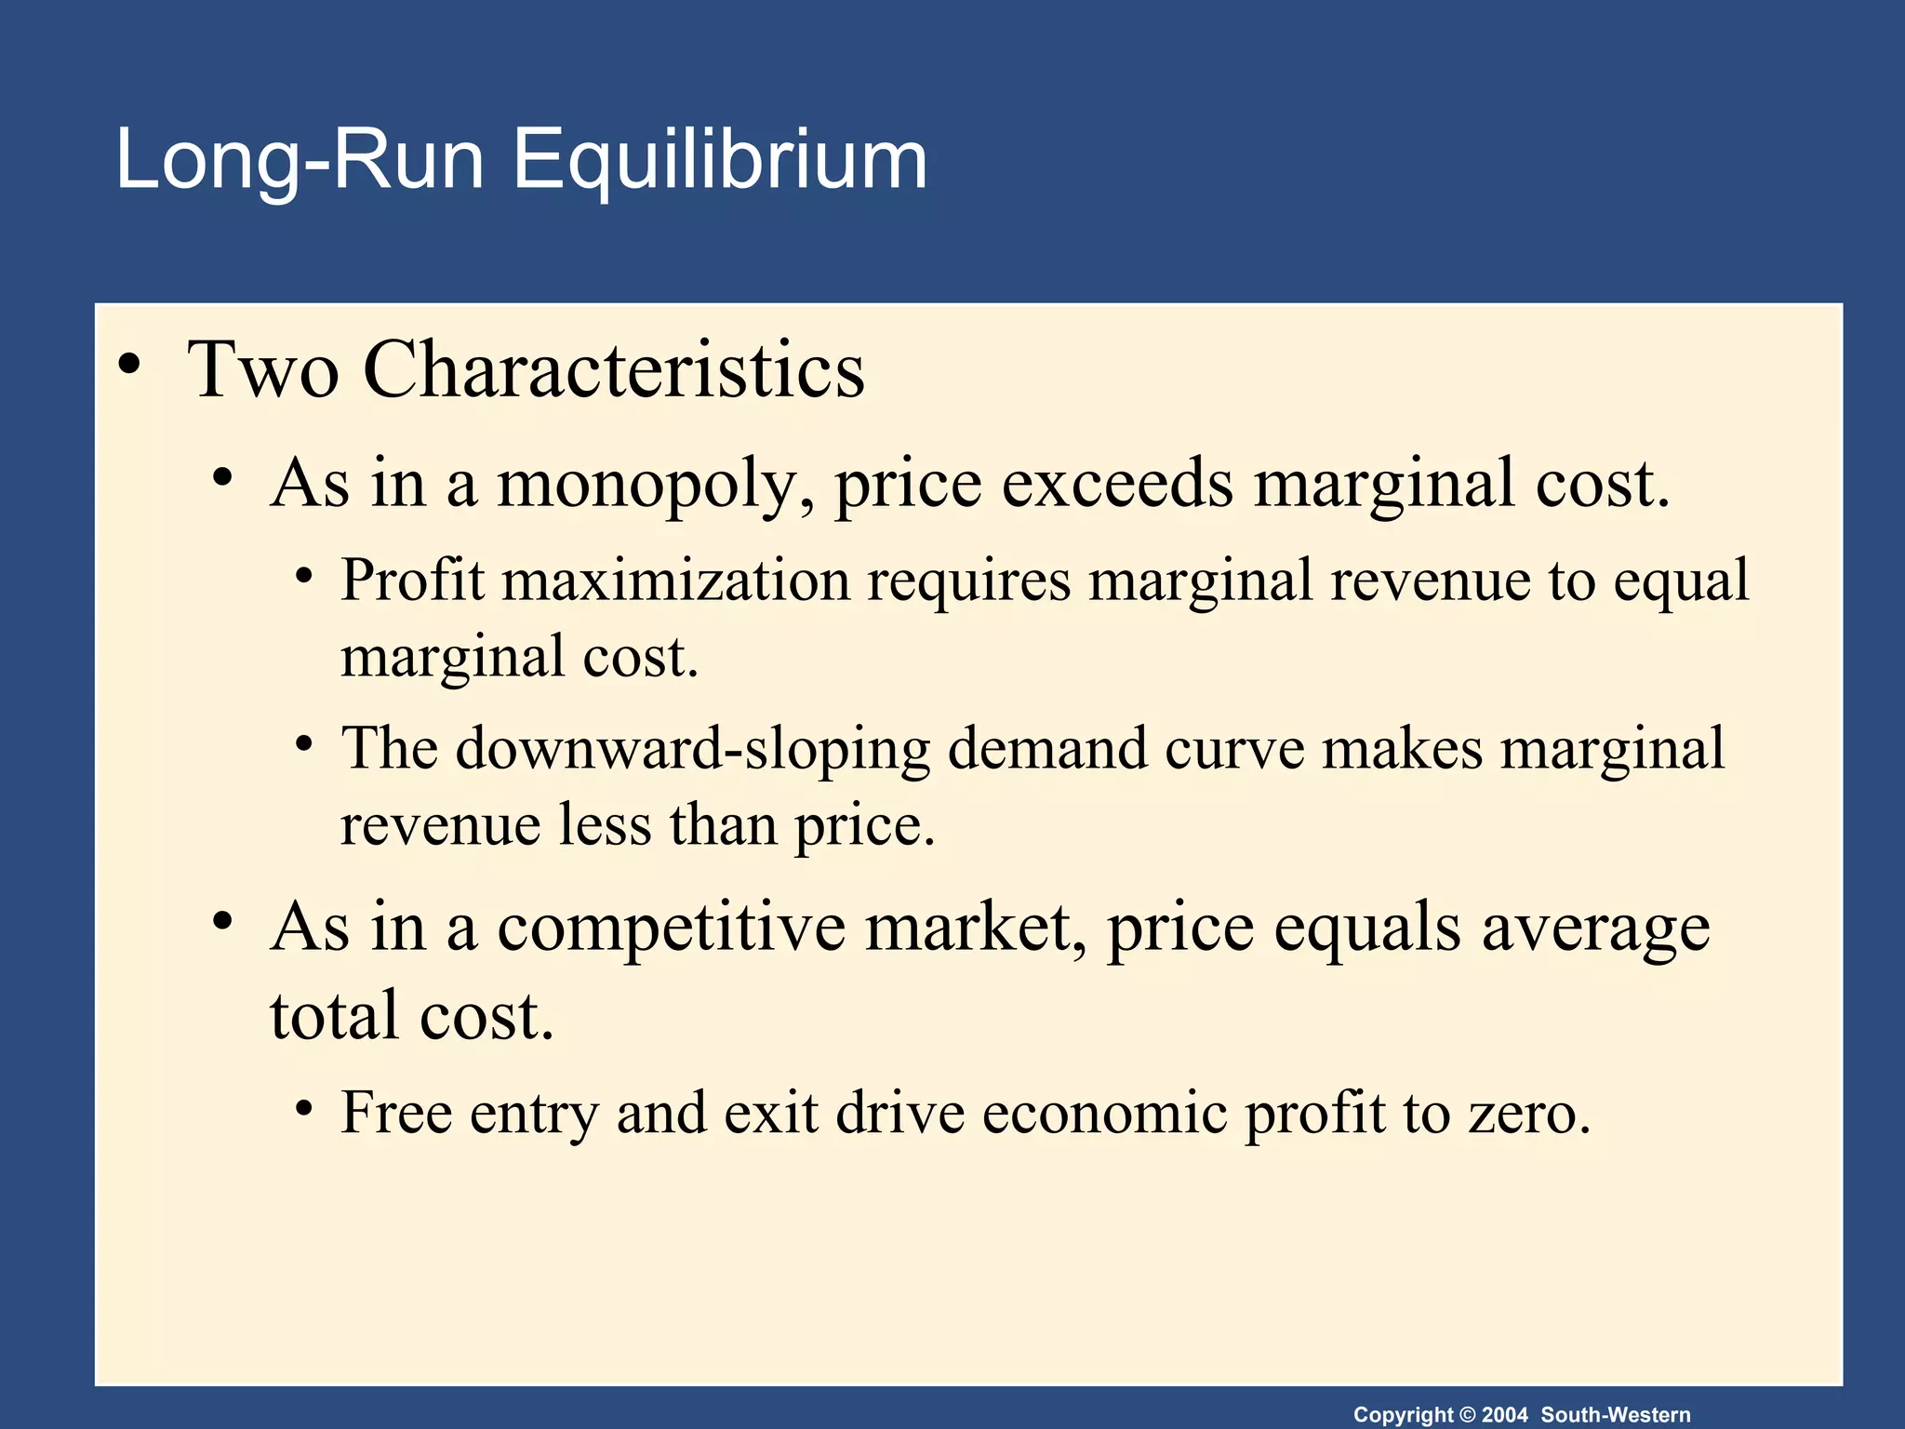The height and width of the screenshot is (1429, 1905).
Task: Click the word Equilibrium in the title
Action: [x=719, y=161]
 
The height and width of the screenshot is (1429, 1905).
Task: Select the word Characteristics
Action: [x=614, y=370]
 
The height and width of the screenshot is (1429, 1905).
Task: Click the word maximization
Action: [x=676, y=581]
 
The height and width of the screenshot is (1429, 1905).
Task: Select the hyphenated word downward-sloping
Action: [x=692, y=750]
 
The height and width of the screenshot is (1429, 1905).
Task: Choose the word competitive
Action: [x=671, y=928]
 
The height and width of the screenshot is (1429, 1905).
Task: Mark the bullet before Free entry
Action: [x=303, y=1109]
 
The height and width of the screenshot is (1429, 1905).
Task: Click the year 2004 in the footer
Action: [x=1504, y=1415]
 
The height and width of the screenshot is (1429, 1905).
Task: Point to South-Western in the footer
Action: [x=1616, y=1415]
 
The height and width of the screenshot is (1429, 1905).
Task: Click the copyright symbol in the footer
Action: [x=1467, y=1415]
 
